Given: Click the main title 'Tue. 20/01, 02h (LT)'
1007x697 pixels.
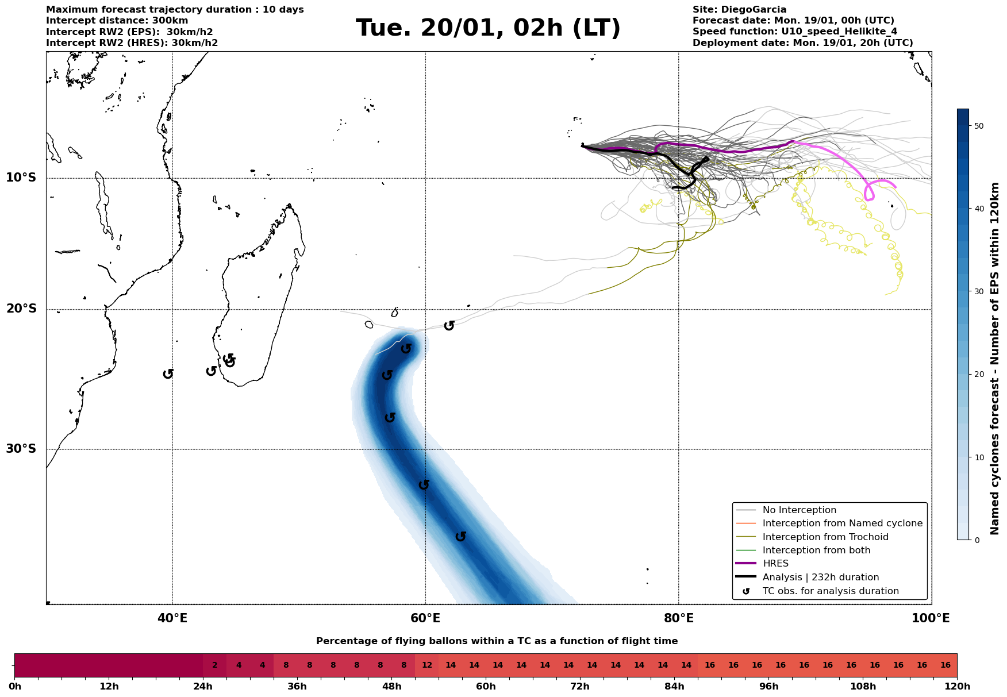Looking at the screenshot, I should tap(488, 28).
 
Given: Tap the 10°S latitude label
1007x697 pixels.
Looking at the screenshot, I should tap(21, 178).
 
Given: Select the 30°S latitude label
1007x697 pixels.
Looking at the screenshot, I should tap(21, 449).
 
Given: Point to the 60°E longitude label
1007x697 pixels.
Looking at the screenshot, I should tap(425, 618).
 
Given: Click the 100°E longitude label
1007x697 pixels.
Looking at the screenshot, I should tap(931, 618).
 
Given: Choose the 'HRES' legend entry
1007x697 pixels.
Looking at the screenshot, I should tap(775, 564).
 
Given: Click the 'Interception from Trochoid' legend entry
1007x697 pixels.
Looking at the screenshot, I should tap(825, 537).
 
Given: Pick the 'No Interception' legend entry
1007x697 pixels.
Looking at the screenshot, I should tap(799, 510).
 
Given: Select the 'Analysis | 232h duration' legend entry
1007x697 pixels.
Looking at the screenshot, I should tap(820, 577).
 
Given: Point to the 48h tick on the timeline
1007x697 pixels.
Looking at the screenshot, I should tap(392, 686).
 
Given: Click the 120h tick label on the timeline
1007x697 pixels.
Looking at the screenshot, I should tap(957, 686).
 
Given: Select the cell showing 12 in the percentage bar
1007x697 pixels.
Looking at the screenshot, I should tap(427, 665).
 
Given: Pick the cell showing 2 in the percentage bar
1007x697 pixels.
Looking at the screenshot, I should tap(215, 665).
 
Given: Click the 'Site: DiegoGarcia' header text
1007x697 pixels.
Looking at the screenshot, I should tap(739, 10).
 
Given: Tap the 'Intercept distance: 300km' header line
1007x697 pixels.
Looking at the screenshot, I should tap(117, 21).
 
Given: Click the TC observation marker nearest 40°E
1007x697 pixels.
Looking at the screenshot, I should tap(168, 374).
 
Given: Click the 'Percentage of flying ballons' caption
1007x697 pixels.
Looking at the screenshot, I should tap(497, 641).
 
